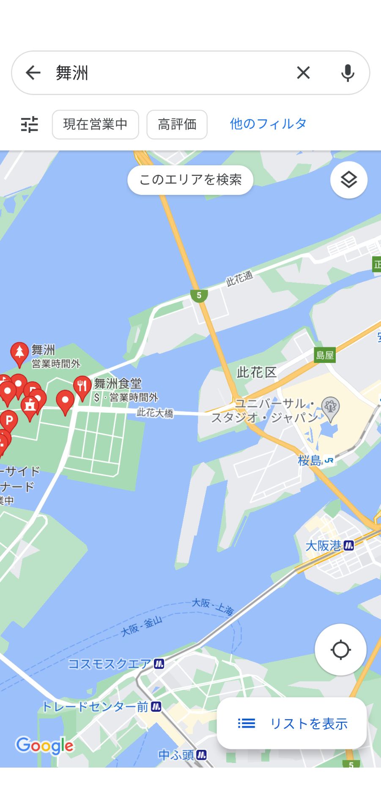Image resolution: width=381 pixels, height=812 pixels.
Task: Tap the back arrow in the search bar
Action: pyautogui.click(x=33, y=73)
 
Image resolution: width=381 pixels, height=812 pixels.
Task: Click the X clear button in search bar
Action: pyautogui.click(x=303, y=73)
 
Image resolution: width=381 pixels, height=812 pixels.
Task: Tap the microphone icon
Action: pyautogui.click(x=348, y=73)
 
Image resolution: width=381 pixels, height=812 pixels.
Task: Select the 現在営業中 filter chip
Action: pyautogui.click(x=95, y=124)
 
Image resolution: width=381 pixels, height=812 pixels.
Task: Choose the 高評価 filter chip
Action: pyautogui.click(x=177, y=124)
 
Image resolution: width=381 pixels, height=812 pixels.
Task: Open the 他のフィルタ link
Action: pyautogui.click(x=268, y=124)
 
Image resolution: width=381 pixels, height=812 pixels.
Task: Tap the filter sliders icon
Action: pyautogui.click(x=30, y=124)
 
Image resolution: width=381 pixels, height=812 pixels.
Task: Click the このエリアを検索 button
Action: pyautogui.click(x=190, y=180)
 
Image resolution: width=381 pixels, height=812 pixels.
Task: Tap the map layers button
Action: pyautogui.click(x=348, y=180)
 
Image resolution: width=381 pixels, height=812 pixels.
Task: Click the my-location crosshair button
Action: pyautogui.click(x=340, y=650)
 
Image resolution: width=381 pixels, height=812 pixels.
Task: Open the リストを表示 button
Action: pyautogui.click(x=292, y=724)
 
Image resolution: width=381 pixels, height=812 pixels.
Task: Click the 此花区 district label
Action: pyautogui.click(x=256, y=373)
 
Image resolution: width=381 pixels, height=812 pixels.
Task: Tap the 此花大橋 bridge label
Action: pyautogui.click(x=155, y=413)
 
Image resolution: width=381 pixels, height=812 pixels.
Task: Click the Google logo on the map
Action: pyautogui.click(x=44, y=746)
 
